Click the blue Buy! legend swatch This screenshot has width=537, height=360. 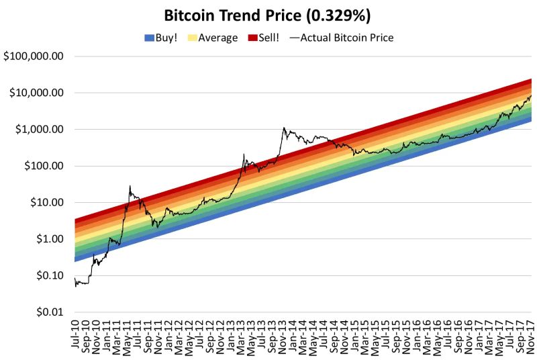click(x=149, y=38)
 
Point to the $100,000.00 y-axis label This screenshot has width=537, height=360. click(x=34, y=56)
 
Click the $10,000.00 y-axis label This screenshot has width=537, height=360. click(x=36, y=93)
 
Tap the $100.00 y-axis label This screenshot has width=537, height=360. click(x=44, y=166)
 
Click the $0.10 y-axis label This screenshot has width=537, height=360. click(x=49, y=276)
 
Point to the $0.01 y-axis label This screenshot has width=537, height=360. click(x=49, y=312)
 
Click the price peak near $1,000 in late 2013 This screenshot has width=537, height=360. click(x=284, y=128)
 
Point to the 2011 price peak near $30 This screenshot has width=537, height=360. click(x=130, y=186)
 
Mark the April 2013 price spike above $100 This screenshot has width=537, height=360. click(x=244, y=154)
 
